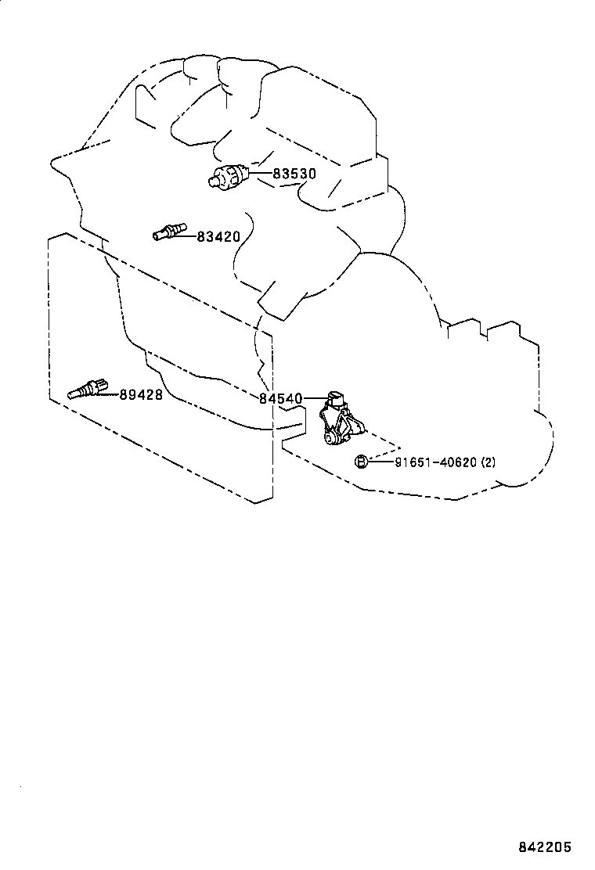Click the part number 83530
click(294, 174)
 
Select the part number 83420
click(218, 235)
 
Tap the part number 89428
click(141, 395)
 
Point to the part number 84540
click(280, 399)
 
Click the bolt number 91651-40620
click(435, 462)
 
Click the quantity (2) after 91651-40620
click(489, 462)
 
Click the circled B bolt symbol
click(362, 462)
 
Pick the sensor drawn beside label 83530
click(231, 176)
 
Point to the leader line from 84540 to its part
click(313, 399)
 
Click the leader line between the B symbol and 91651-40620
click(380, 462)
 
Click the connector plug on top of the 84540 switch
click(337, 397)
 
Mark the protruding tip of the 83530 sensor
click(212, 182)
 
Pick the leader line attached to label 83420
click(190, 234)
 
